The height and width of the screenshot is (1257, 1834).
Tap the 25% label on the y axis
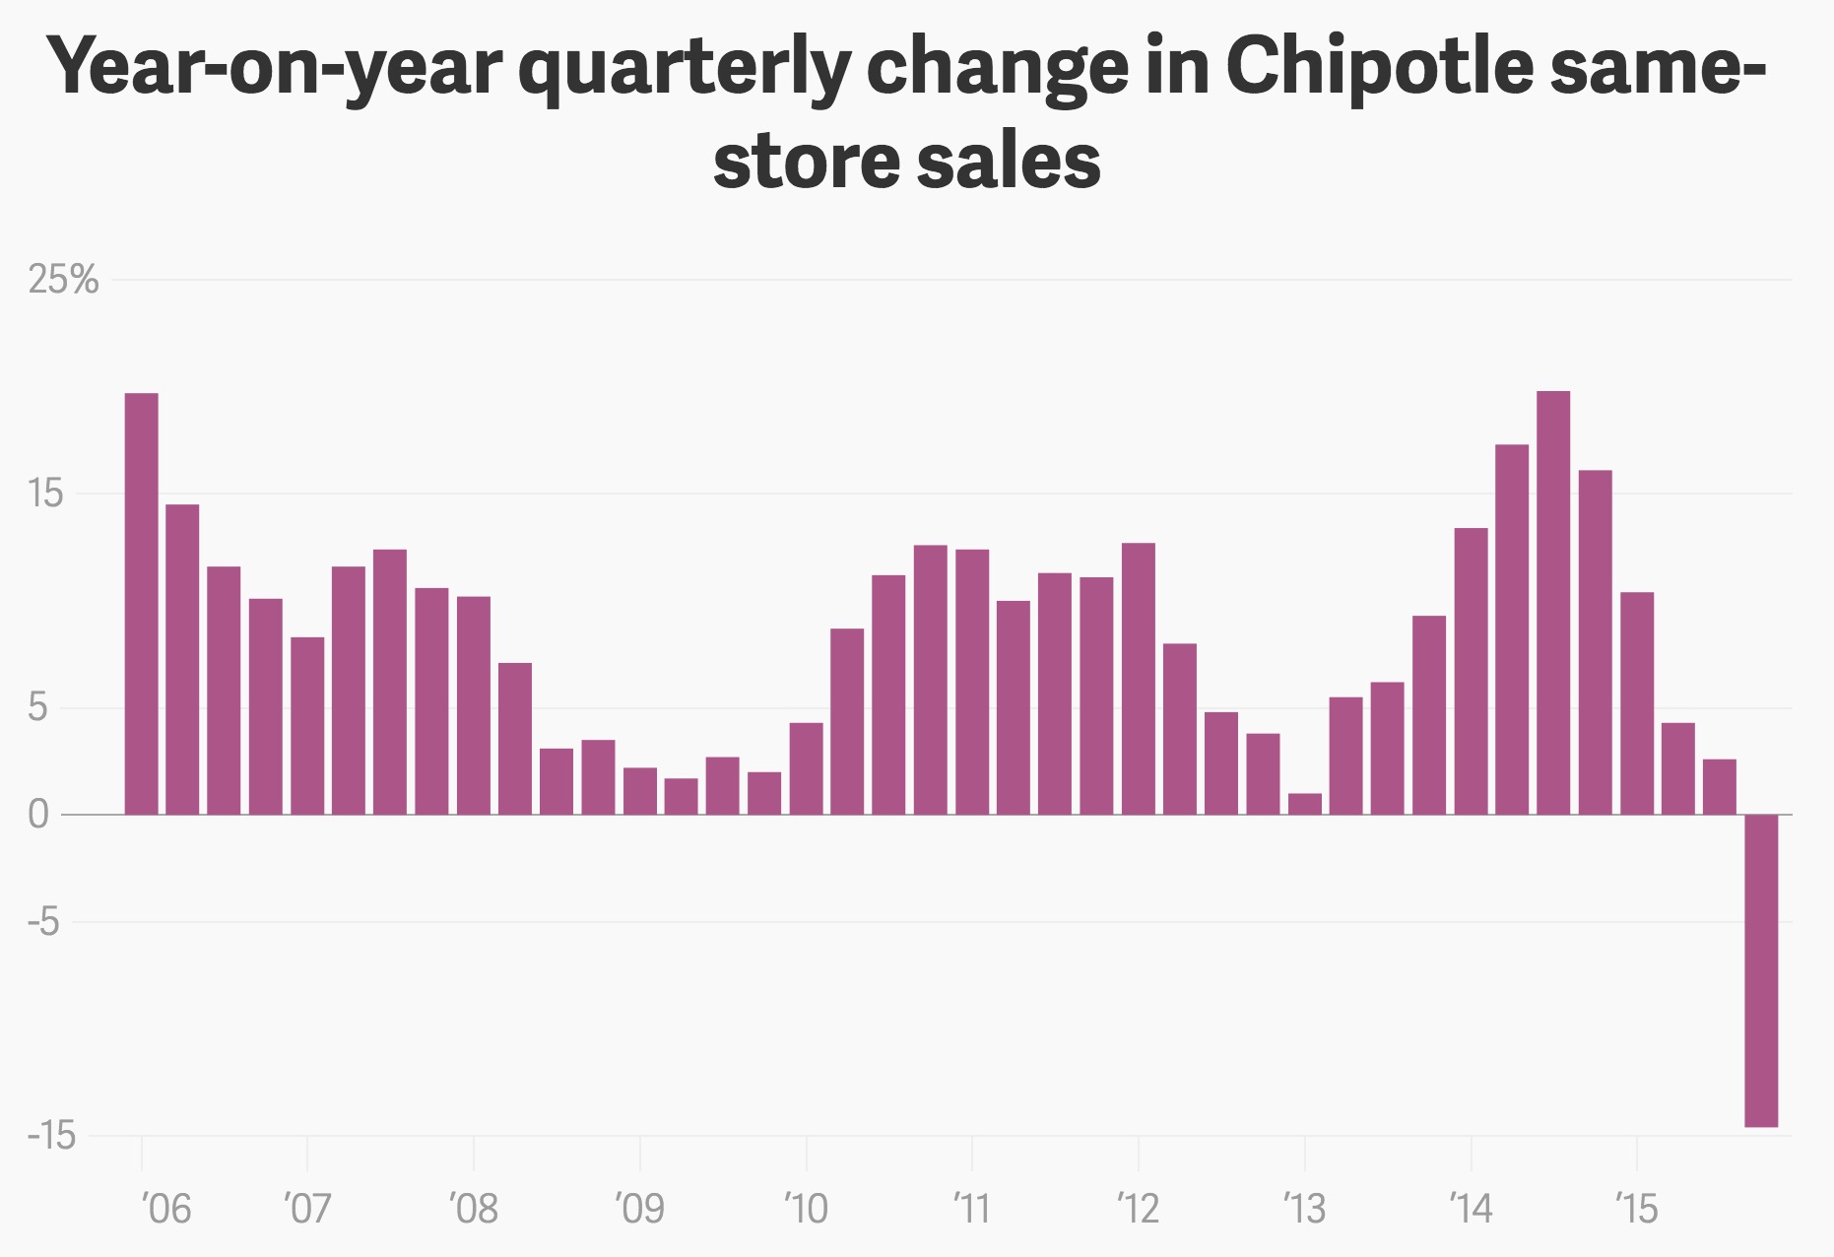[64, 281]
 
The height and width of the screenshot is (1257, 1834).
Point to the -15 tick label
[52, 1136]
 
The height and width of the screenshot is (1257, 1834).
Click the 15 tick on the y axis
[46, 494]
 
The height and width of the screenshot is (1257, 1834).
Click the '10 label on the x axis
[807, 1208]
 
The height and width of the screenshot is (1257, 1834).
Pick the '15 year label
[1637, 1208]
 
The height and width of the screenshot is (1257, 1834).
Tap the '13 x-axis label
[1305, 1208]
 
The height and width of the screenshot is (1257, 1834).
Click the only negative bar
[1761, 970]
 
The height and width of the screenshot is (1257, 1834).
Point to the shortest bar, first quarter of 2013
[1305, 804]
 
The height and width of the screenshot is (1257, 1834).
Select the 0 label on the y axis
[38, 816]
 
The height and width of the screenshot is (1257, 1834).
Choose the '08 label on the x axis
[474, 1208]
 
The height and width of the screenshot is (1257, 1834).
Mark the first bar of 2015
[1637, 703]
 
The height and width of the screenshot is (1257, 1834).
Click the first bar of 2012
[1139, 679]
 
